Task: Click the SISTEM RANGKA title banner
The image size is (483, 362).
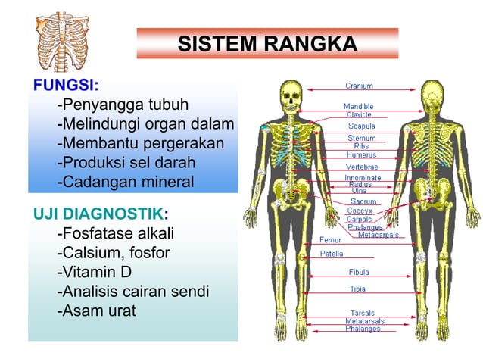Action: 267,44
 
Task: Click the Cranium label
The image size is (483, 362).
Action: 359,86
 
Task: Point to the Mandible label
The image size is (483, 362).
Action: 359,106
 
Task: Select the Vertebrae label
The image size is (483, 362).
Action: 362,167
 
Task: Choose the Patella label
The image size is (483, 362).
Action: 332,254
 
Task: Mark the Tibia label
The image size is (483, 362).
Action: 357,289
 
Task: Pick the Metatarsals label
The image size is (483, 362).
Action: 364,321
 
